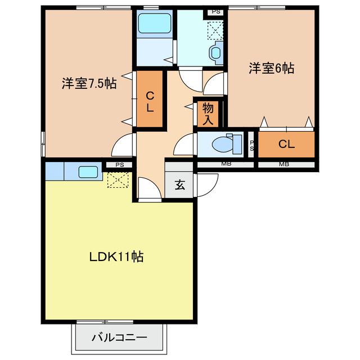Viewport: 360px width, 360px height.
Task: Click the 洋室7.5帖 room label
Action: click(x=89, y=83)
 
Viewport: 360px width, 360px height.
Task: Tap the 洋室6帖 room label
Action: click(x=272, y=68)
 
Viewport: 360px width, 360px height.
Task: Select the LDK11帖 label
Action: click(x=116, y=256)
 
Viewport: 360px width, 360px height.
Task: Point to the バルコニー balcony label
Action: click(x=119, y=337)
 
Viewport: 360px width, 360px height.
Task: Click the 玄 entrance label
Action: click(x=180, y=185)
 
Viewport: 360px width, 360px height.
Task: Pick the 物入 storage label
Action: click(x=208, y=114)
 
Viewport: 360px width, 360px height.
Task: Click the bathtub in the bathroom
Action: click(x=155, y=24)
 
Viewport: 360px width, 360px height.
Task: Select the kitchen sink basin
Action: click(x=88, y=172)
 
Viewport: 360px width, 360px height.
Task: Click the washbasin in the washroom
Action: click(x=216, y=53)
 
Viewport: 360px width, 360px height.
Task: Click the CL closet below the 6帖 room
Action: click(x=286, y=144)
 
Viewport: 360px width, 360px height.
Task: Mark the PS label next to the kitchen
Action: click(x=120, y=165)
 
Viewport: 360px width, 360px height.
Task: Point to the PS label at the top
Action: click(x=216, y=12)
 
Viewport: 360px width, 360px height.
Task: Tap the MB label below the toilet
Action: click(x=226, y=164)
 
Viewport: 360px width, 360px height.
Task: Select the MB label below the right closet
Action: click(x=284, y=164)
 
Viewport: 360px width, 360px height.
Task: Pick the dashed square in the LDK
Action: click(x=118, y=180)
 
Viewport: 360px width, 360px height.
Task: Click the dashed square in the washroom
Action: click(x=215, y=30)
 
